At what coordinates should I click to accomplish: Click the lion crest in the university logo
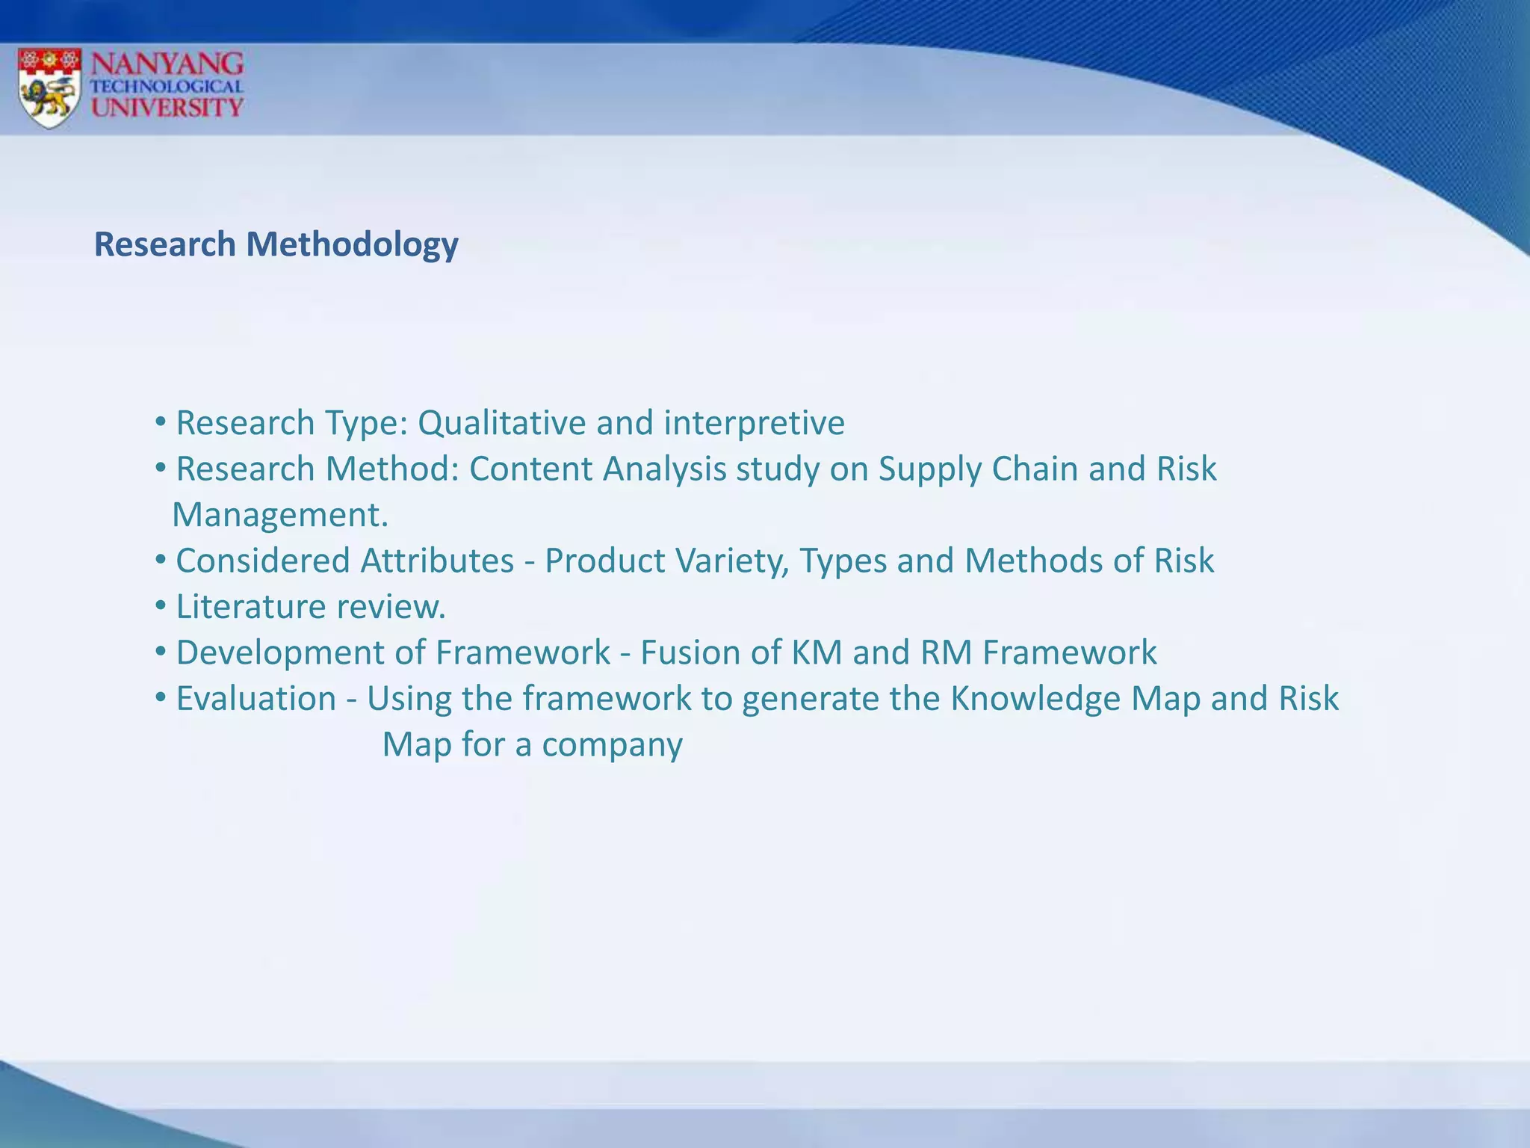(x=49, y=87)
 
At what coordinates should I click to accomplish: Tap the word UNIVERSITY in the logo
(x=167, y=108)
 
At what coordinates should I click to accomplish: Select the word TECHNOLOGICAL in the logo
(x=167, y=87)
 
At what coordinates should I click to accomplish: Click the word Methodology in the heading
(x=352, y=245)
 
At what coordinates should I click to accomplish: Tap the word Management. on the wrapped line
(x=280, y=515)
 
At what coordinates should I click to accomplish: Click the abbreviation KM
(x=817, y=652)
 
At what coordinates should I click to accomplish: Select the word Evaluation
(x=255, y=699)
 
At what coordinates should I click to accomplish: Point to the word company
(x=612, y=745)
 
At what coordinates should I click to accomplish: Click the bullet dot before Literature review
(x=160, y=606)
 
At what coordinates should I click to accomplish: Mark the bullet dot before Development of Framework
(x=160, y=652)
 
